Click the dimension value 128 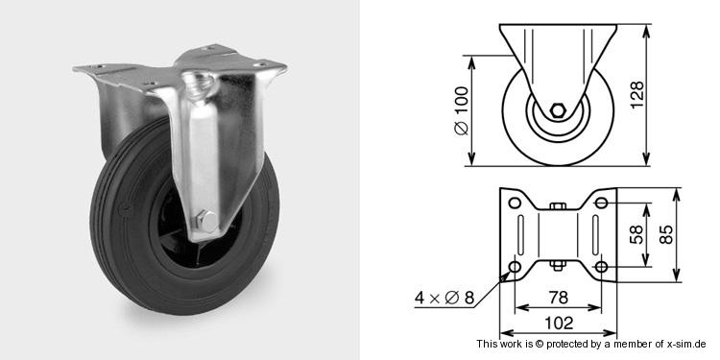point(636,95)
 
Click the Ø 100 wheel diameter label point(462,110)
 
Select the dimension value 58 point(636,234)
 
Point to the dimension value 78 point(558,298)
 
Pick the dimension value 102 point(559,324)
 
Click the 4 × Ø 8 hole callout point(444,298)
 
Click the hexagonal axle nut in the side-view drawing point(558,110)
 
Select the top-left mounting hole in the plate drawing point(515,203)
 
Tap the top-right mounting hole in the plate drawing point(602,203)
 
